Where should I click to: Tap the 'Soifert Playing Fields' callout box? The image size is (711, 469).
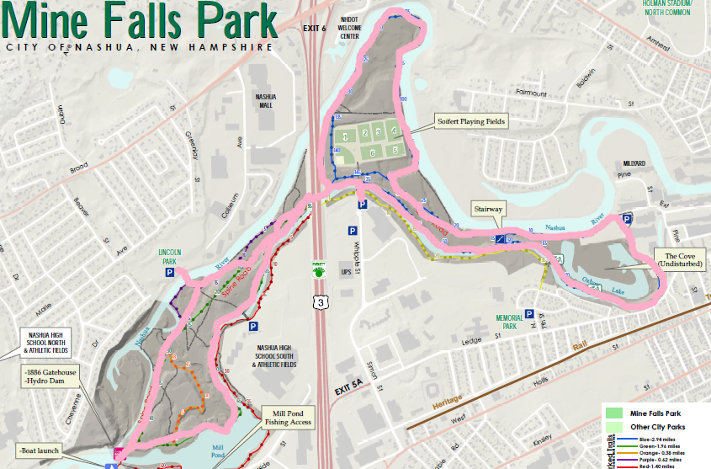[x=471, y=121]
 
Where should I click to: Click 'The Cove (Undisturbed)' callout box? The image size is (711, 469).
[x=682, y=259]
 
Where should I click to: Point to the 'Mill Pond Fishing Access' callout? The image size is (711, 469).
[x=289, y=417]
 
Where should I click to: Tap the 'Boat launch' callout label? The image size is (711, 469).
[x=39, y=448]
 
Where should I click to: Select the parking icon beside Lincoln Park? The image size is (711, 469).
[x=169, y=273]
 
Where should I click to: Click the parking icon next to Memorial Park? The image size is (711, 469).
[x=529, y=314]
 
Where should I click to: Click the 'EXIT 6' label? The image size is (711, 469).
[x=314, y=29]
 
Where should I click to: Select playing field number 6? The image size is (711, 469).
[x=372, y=152]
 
